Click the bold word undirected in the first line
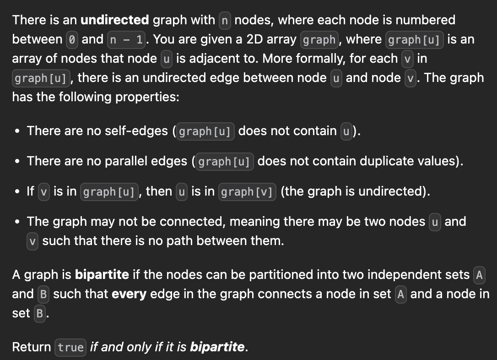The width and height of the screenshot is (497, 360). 114,20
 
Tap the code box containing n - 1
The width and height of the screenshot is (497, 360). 127,39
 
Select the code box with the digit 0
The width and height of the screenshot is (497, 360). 72,39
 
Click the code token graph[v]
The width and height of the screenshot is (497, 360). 248,191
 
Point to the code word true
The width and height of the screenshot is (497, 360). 70,347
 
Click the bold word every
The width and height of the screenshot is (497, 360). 129,294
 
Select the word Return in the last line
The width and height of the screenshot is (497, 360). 32,347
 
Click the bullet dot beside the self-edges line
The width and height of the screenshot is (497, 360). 17,131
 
